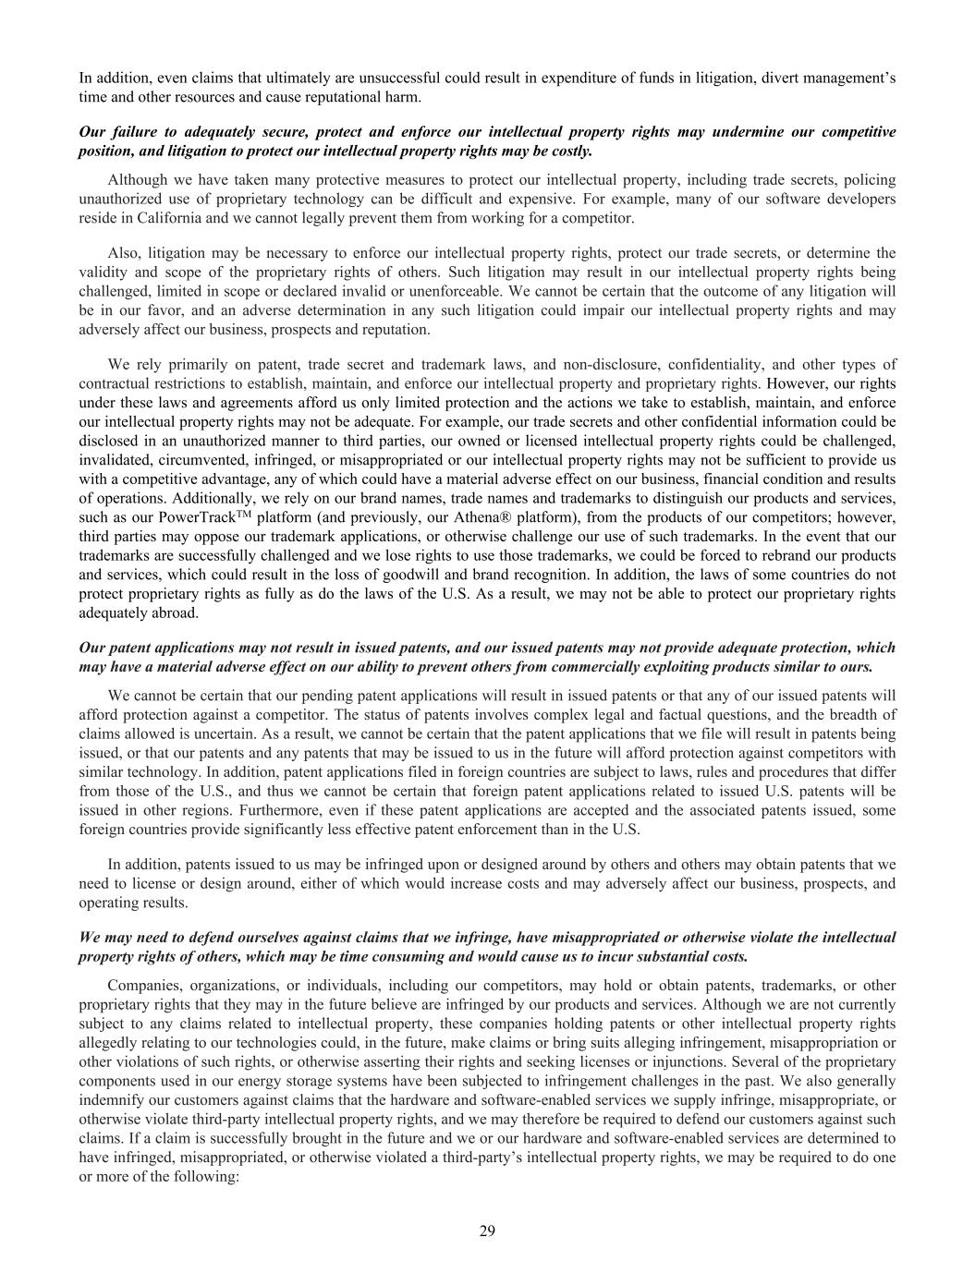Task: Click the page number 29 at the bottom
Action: (487, 1231)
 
